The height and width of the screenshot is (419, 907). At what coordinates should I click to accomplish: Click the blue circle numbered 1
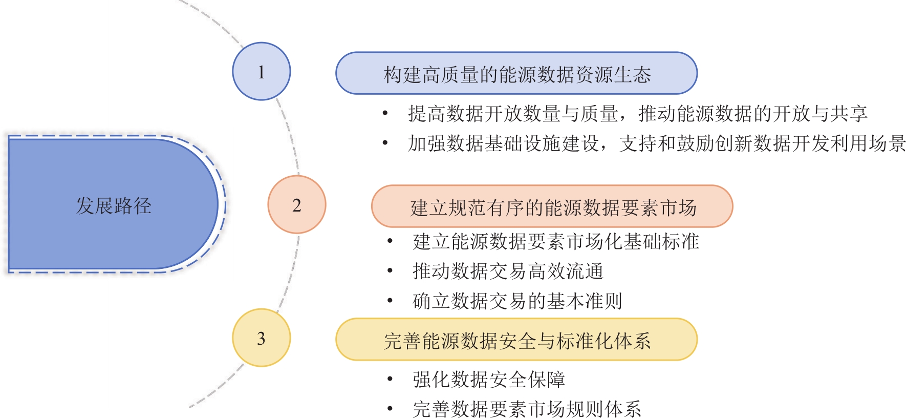(262, 71)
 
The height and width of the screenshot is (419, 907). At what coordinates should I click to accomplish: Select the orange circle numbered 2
(297, 204)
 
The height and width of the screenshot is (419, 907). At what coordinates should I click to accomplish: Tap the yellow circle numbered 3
(262, 338)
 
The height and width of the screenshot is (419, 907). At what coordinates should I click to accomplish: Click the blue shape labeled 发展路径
(114, 204)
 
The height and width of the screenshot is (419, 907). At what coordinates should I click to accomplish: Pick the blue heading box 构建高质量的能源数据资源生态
(516, 73)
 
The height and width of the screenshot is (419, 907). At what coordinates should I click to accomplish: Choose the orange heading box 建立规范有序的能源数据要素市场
(552, 206)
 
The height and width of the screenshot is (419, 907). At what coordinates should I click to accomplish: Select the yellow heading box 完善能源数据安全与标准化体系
(516, 340)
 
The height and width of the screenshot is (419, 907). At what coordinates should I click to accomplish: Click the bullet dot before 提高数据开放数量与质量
(385, 113)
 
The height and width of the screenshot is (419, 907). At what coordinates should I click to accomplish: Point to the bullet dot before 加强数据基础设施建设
(385, 143)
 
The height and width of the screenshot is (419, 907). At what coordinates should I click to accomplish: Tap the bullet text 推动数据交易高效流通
(508, 271)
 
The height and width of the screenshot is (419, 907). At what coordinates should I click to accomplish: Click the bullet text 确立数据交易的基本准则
(517, 301)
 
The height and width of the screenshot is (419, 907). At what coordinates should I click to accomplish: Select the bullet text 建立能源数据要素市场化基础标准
(555, 241)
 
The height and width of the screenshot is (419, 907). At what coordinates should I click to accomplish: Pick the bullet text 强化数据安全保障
(489, 379)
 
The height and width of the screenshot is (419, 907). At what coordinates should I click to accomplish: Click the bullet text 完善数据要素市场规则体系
(527, 409)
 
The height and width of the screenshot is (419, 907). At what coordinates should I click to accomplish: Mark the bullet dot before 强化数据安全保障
(390, 379)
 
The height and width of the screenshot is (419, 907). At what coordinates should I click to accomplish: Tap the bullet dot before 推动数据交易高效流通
(390, 271)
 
